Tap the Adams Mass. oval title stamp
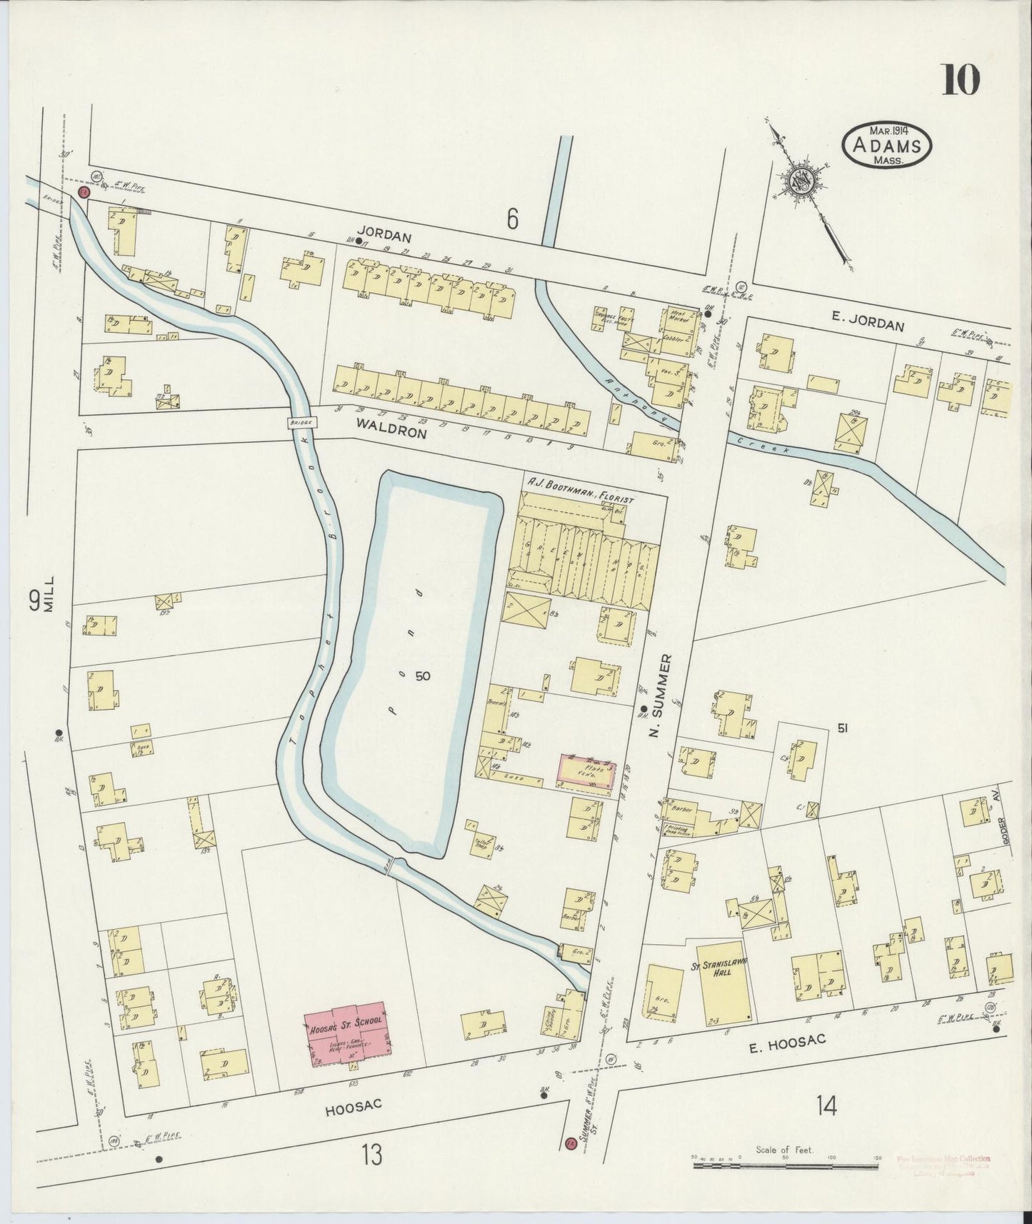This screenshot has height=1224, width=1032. pos(888,146)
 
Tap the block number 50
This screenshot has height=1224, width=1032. pos(423,676)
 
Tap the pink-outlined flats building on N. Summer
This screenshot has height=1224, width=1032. pos(587,773)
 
